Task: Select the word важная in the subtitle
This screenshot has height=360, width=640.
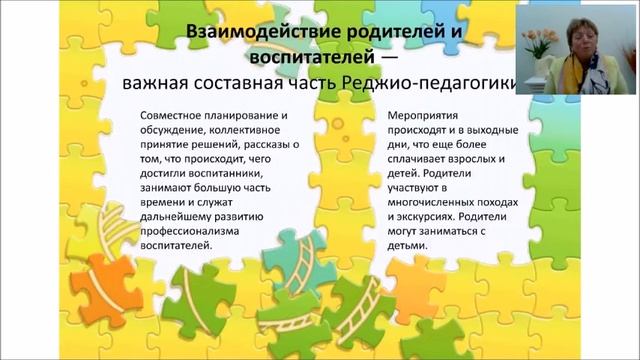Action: pos(153,84)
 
